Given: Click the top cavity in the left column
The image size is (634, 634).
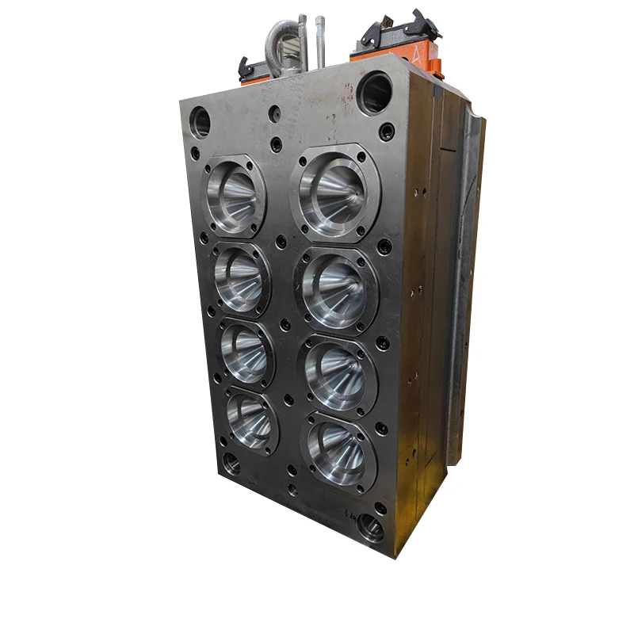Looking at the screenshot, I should pyautogui.click(x=235, y=196).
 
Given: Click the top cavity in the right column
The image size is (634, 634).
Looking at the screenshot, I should pyautogui.click(x=335, y=190).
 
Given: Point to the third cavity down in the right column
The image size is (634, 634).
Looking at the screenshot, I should pyautogui.click(x=338, y=372).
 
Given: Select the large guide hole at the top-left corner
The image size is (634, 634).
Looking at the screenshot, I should pyautogui.click(x=201, y=122).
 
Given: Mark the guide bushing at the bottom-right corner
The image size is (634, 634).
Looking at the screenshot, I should pyautogui.click(x=369, y=526).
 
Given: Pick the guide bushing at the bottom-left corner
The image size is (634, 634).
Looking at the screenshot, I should pyautogui.click(x=231, y=464).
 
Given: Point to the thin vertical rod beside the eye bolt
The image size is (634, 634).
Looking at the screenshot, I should pyautogui.click(x=320, y=44).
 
